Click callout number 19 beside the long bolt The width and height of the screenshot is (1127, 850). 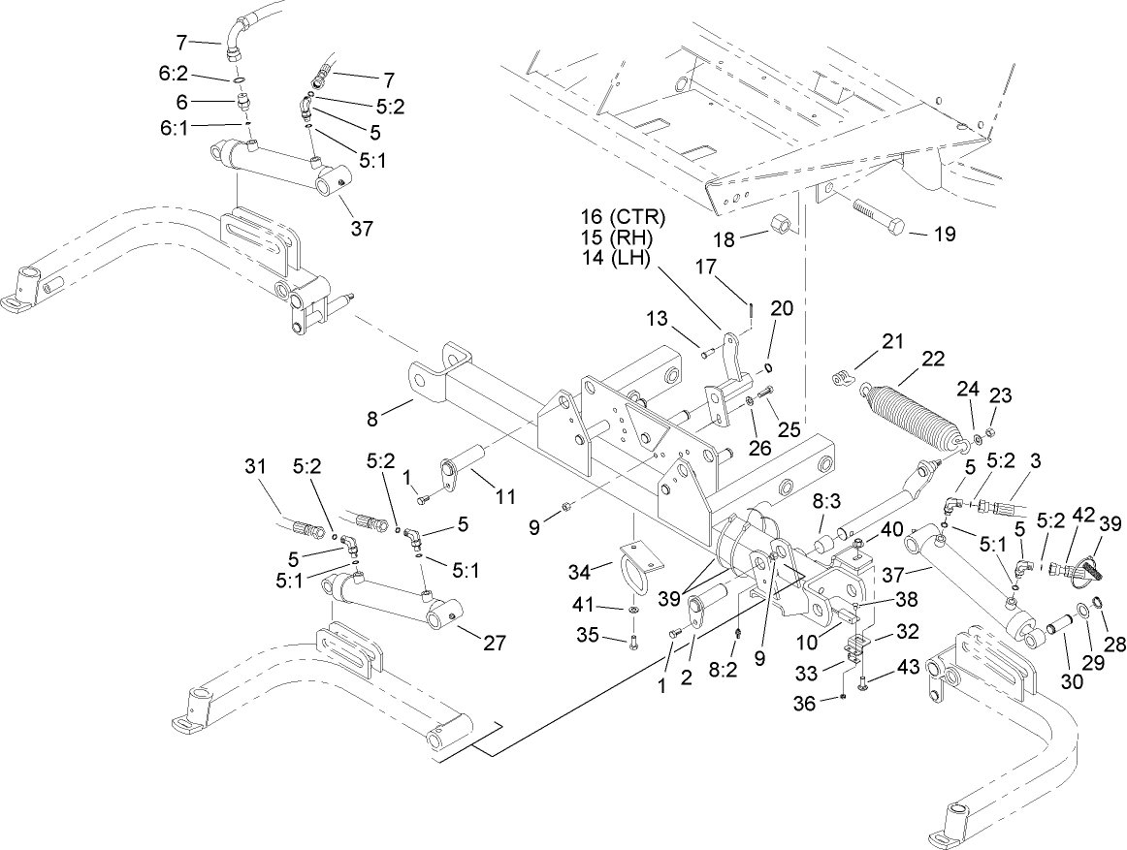[x=944, y=234]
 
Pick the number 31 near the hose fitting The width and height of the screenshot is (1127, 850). [x=254, y=467]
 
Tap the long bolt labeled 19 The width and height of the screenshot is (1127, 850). [x=878, y=215]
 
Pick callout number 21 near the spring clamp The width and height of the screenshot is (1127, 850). [x=890, y=340]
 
